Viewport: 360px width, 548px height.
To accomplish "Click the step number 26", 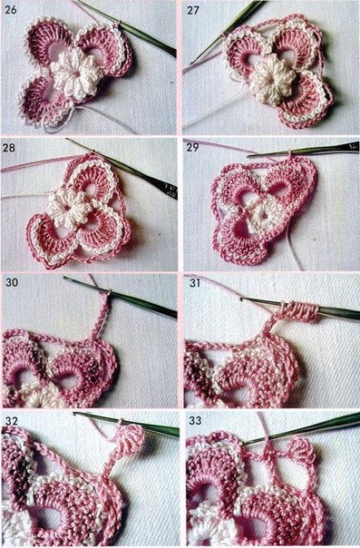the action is [11, 9].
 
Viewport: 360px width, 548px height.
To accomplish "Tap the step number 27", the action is [193, 10].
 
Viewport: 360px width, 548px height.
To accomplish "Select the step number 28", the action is [10, 148].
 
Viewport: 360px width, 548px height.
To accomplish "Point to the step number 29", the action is [193, 147].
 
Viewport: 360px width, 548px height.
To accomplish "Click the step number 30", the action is [12, 282].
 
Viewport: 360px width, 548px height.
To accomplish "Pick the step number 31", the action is [195, 282].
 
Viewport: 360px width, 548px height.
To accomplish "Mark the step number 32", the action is [12, 420].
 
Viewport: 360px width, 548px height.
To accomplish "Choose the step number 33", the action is [195, 420].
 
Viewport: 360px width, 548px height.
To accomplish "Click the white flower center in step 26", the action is [74, 74].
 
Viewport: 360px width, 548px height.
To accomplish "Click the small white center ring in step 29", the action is [263, 216].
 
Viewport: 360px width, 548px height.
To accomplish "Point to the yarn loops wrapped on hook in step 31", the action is [301, 310].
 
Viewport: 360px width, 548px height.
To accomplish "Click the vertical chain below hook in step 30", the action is [100, 317].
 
